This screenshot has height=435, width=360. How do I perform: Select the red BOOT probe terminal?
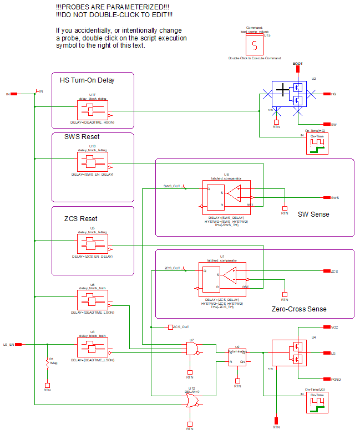pos(298,70)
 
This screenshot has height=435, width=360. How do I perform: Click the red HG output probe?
pos(326,94)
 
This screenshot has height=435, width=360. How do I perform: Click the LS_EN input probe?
pos(18,345)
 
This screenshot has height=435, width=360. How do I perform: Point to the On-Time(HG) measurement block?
pos(317,144)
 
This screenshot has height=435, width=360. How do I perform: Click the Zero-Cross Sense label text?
pos(299,309)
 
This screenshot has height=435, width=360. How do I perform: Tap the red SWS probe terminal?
pos(326,197)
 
